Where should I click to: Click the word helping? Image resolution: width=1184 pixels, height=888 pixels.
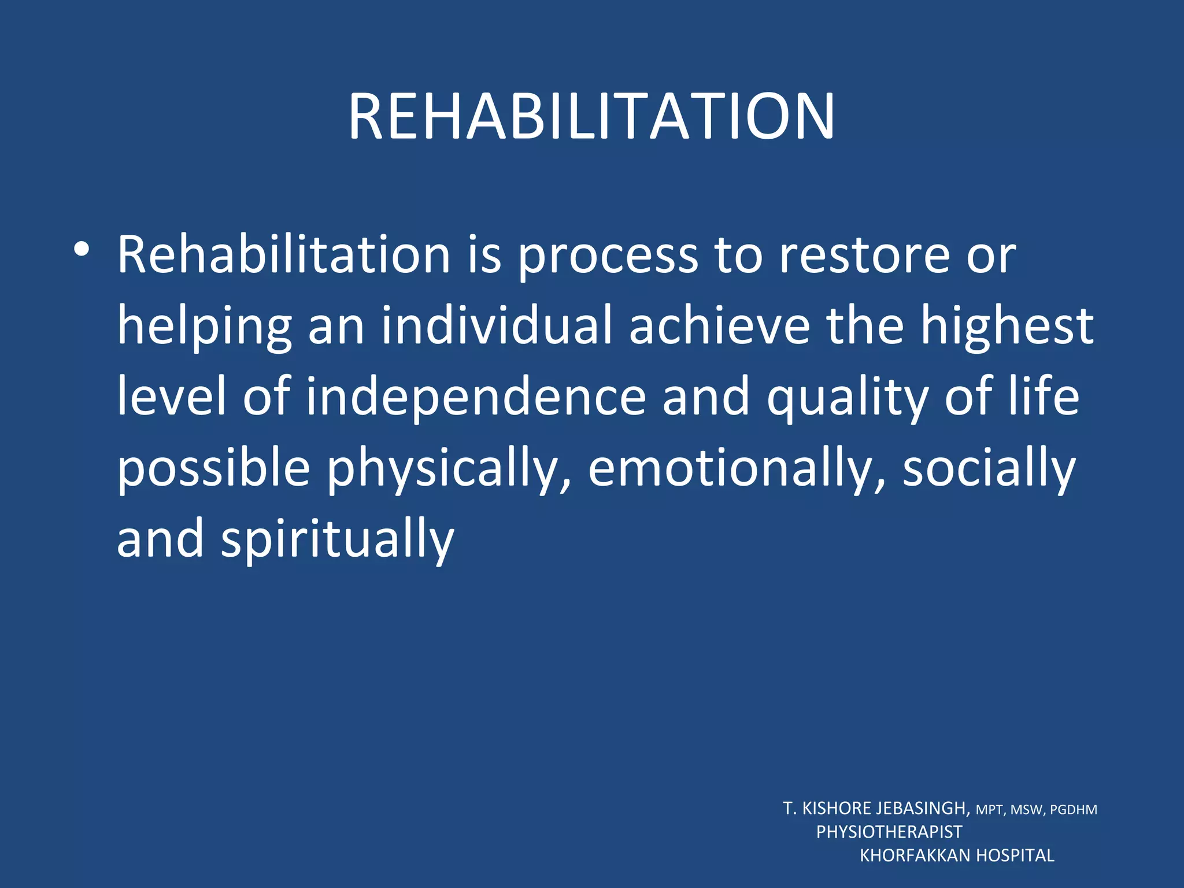(x=204, y=327)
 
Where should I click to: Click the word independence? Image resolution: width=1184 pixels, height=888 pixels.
(x=475, y=397)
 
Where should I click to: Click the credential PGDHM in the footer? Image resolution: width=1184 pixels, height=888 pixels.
(x=1073, y=810)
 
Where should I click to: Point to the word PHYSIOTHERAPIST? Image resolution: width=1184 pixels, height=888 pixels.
(x=889, y=832)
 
